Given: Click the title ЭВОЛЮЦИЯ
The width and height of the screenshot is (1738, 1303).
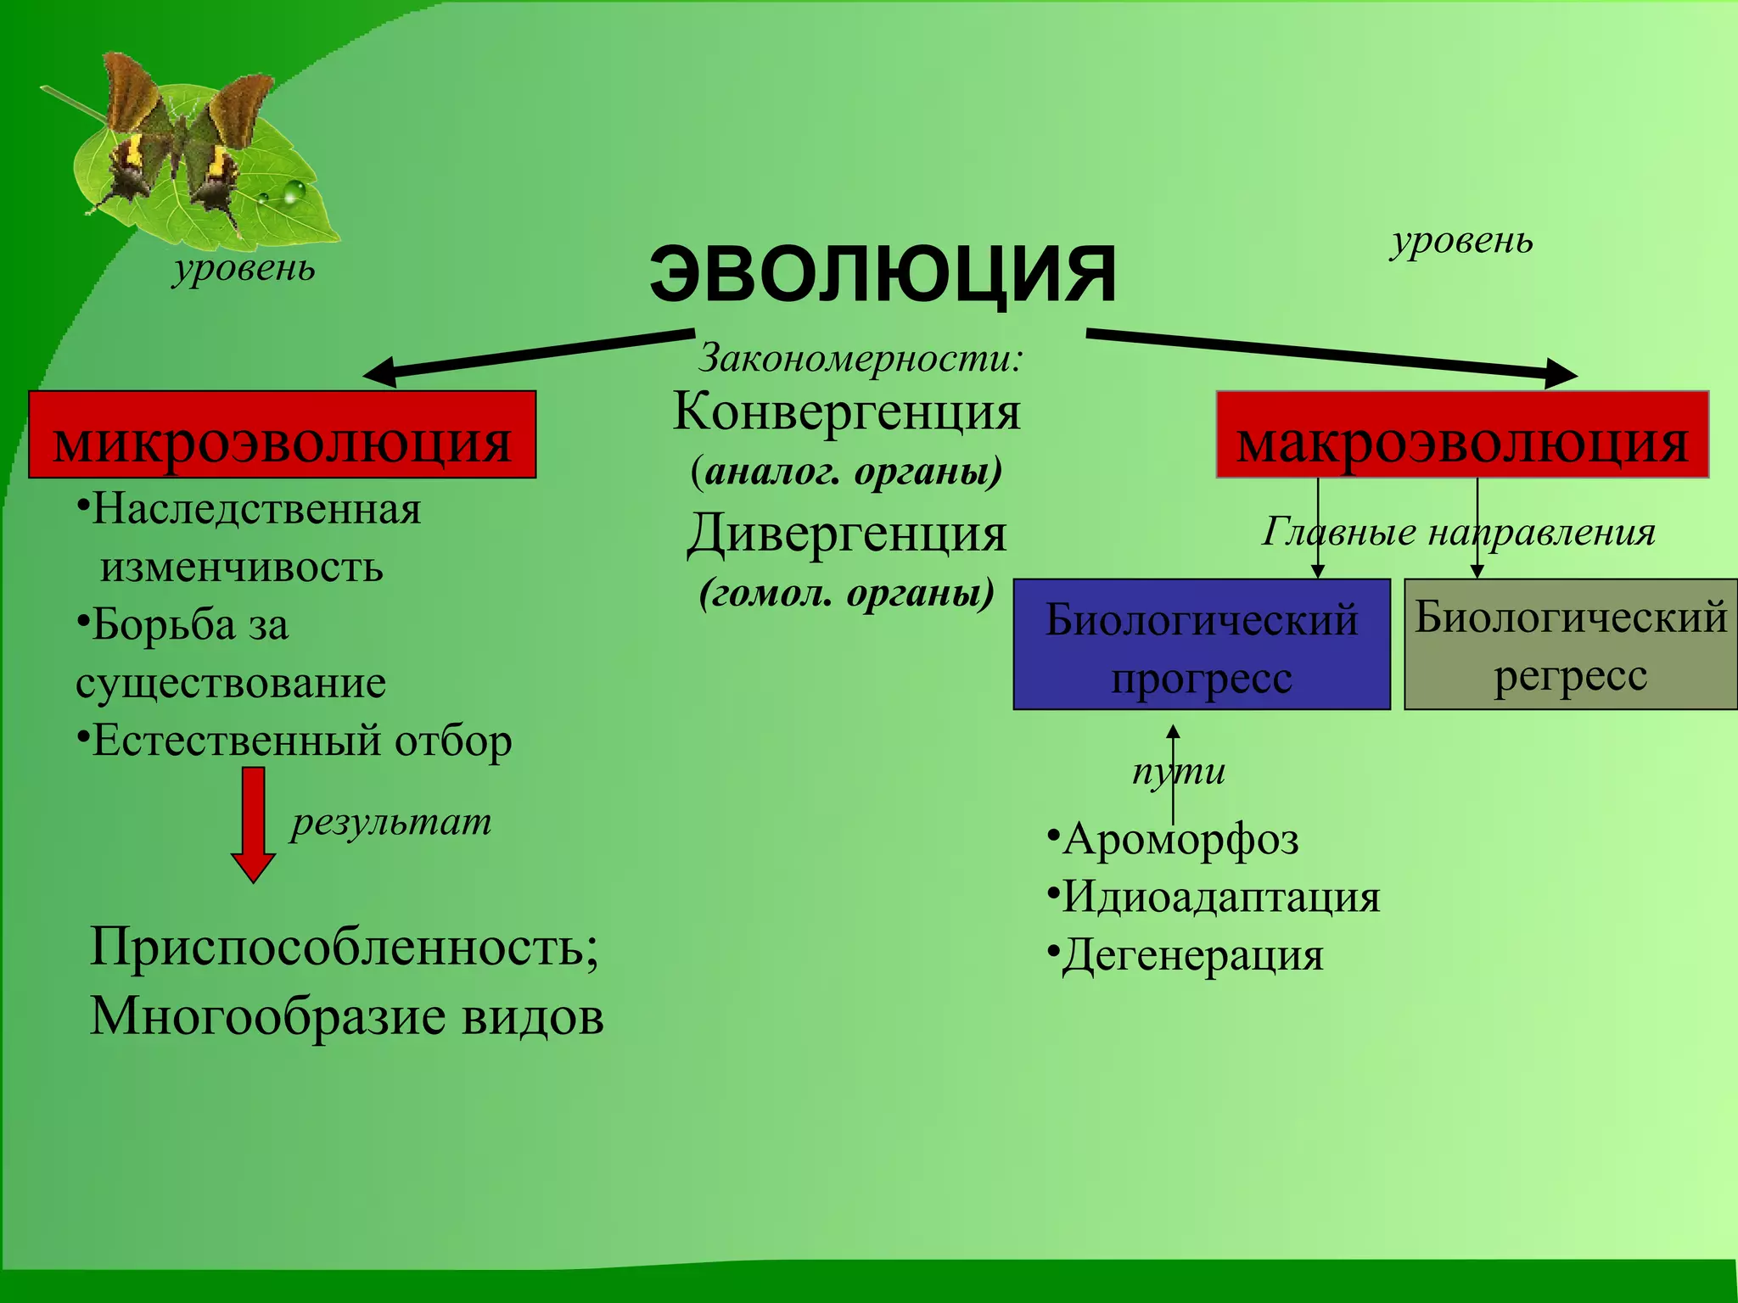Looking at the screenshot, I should (x=883, y=273).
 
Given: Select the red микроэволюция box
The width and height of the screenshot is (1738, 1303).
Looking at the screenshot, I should (x=282, y=435).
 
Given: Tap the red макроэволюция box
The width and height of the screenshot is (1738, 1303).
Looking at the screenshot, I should (x=1461, y=435).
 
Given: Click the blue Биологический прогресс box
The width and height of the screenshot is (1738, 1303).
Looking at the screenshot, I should (x=1201, y=645).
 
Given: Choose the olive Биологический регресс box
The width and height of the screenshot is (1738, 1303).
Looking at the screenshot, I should (x=1570, y=645).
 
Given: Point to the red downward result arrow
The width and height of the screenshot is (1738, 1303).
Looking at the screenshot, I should (x=253, y=823).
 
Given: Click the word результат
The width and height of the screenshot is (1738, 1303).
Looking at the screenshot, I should (x=391, y=821).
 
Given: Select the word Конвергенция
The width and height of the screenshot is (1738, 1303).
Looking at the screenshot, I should (x=846, y=412).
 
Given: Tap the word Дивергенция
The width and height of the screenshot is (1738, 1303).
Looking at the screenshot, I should (x=846, y=534).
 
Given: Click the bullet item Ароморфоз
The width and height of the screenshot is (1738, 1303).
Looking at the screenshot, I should (x=1180, y=839).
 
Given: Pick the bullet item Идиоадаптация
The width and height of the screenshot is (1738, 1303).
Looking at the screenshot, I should (x=1220, y=897).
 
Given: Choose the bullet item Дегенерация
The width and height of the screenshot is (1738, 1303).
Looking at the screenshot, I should (x=1191, y=955).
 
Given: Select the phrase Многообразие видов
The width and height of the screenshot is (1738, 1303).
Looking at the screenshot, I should (x=346, y=1015).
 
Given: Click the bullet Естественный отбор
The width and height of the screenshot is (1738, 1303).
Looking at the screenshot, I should (x=301, y=741).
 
